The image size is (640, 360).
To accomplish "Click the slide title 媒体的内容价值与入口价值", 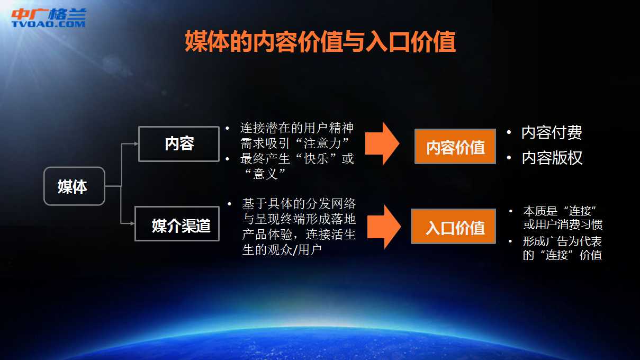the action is point(320,42).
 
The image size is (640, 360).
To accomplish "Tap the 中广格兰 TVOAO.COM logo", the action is point(49,17).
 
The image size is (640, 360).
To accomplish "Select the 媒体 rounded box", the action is point(74,186).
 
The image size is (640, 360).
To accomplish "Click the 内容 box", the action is point(179,144).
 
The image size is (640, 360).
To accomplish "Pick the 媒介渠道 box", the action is point(177,224).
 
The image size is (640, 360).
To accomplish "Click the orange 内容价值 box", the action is point(455,146).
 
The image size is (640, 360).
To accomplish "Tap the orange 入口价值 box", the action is point(454,226).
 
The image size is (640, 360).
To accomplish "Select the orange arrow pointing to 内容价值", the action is point(382,143).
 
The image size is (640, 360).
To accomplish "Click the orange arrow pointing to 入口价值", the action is point(384,227).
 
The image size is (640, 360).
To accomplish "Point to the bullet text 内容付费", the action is point(552,132).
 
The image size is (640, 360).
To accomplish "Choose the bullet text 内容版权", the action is point(552,158).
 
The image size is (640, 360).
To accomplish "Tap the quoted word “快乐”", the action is point(316,159).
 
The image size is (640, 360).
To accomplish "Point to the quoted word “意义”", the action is point(265,174).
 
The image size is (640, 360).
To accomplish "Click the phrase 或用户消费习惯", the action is point(563,224).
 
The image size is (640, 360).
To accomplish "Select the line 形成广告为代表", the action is point(562,241).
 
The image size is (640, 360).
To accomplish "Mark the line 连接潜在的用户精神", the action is point(297,128).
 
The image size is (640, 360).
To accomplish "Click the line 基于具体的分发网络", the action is point(299,204).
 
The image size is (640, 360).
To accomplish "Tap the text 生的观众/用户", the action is point(282,250).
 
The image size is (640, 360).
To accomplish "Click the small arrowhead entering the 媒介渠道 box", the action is point(132,223).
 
